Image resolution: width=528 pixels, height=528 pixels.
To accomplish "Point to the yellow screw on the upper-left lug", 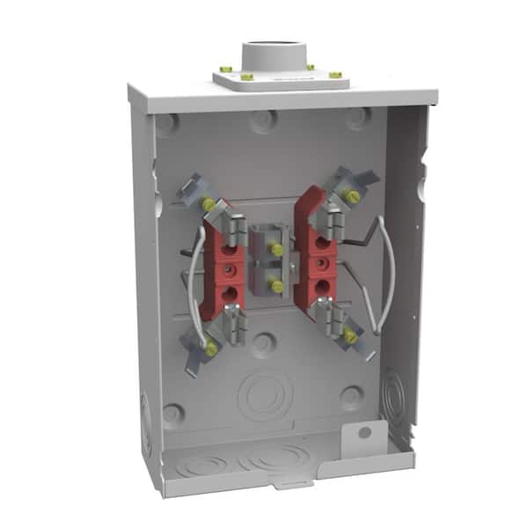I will [209, 204].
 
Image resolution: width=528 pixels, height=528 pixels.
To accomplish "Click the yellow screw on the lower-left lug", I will [211, 349].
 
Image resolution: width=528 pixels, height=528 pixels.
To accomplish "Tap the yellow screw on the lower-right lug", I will [350, 336].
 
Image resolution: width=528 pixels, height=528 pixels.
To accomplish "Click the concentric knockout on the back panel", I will [265, 395].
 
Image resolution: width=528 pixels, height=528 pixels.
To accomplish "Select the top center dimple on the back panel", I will [263, 121].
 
